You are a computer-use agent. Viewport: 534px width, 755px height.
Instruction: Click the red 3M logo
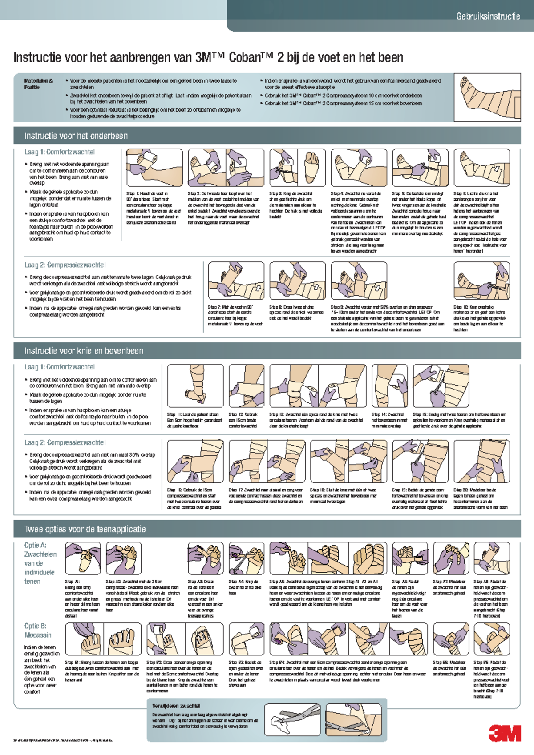[505, 733]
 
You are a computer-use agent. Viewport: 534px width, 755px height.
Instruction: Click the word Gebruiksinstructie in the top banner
[488, 16]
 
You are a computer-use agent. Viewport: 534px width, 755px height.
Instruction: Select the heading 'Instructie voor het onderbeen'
[76, 136]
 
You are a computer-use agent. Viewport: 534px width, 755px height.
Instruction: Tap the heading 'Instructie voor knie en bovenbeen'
[84, 351]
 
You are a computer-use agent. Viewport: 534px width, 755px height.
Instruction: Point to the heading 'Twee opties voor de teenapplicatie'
[85, 529]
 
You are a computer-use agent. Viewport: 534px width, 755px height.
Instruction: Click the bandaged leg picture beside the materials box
[487, 97]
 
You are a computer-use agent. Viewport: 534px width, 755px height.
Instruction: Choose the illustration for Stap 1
[154, 168]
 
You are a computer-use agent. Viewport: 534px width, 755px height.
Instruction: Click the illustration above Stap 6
[481, 168]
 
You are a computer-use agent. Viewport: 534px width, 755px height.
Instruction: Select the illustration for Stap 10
[481, 281]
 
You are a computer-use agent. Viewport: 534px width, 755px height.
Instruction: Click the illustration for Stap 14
[389, 386]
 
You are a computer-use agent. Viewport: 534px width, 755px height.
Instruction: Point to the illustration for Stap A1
[83, 558]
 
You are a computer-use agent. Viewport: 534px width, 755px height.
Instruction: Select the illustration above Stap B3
[247, 639]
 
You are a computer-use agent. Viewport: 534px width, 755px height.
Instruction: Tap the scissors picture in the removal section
[293, 719]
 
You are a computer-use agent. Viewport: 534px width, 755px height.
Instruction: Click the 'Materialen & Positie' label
[39, 84]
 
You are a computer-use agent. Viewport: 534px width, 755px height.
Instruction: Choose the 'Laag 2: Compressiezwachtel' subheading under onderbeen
[65, 265]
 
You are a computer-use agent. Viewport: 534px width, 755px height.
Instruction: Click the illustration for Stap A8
[491, 558]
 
